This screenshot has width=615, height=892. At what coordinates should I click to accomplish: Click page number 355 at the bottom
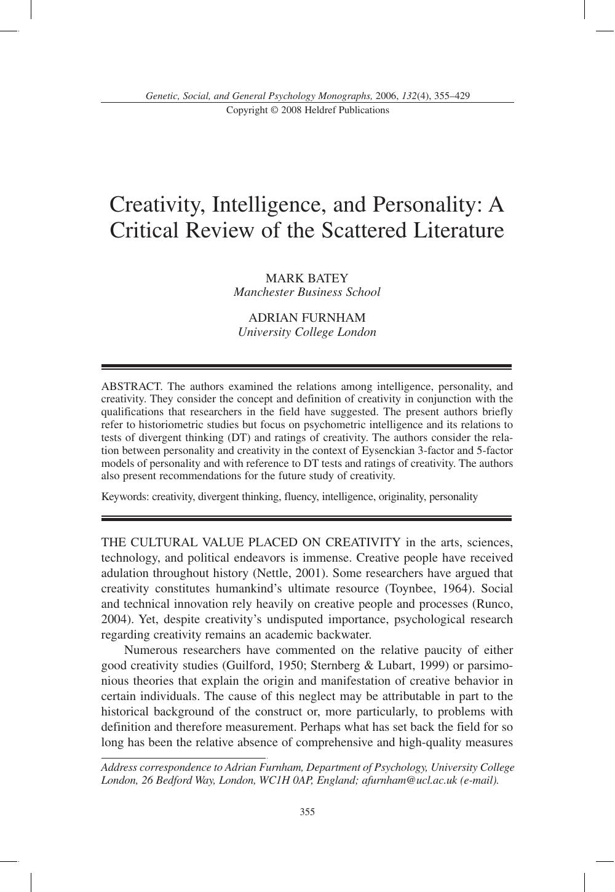tap(307, 812)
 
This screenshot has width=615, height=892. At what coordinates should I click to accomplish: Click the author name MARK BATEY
tap(307, 278)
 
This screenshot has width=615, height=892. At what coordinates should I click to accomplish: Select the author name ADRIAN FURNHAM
tap(307, 317)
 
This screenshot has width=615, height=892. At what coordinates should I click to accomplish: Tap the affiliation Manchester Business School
tap(307, 292)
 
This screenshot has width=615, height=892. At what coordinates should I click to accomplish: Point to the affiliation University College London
tap(307, 332)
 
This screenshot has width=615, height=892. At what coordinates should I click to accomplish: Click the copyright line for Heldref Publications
tap(307, 110)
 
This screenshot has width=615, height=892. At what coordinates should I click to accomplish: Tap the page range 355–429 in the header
tap(451, 96)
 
